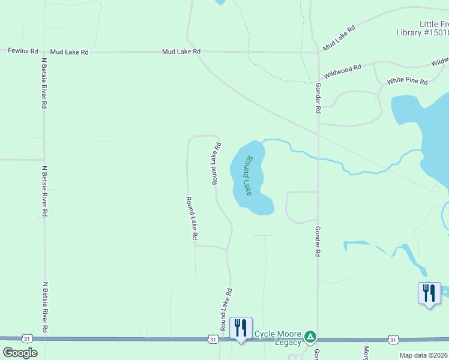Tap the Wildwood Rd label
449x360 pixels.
pyautogui.click(x=342, y=71)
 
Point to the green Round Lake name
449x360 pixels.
pyautogui.click(x=249, y=176)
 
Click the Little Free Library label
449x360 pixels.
pyautogui.click(x=423, y=28)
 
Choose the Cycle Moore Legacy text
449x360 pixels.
pyautogui.click(x=278, y=338)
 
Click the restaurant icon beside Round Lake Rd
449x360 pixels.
pyautogui.click(x=241, y=328)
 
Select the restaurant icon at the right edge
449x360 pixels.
pyautogui.click(x=429, y=293)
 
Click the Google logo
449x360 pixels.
pyautogui.click(x=20, y=353)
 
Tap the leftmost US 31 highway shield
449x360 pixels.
pyautogui.click(x=27, y=340)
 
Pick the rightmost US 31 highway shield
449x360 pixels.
pyautogui.click(x=393, y=340)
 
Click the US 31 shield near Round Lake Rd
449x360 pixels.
pyautogui.click(x=213, y=340)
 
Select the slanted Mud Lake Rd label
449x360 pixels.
pyautogui.click(x=339, y=38)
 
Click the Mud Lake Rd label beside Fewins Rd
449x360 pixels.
pyautogui.click(x=69, y=52)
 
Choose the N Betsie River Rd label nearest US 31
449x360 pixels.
pyautogui.click(x=44, y=307)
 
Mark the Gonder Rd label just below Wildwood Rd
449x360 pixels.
pyautogui.click(x=318, y=98)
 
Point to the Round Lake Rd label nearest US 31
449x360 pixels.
pyautogui.click(x=226, y=310)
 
